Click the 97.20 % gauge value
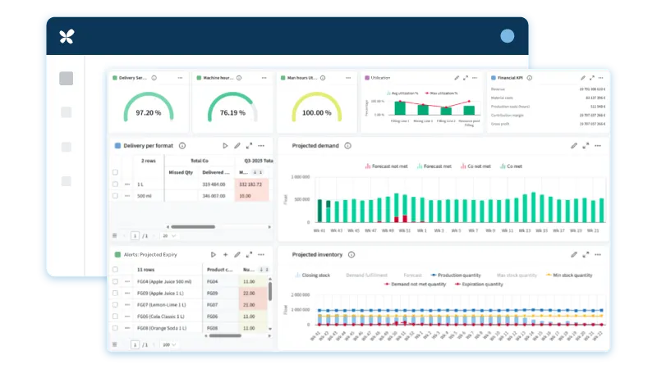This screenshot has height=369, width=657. (x=149, y=113)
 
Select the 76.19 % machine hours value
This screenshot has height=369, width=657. (x=232, y=113)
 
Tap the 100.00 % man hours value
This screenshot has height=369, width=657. (x=316, y=113)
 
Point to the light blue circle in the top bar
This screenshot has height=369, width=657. (x=507, y=36)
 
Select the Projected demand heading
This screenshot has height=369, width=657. (x=315, y=145)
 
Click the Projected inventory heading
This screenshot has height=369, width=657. (x=319, y=254)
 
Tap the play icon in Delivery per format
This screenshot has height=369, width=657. (x=225, y=145)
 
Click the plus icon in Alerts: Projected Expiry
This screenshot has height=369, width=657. (x=225, y=255)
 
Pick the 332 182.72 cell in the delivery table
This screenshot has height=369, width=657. (x=251, y=184)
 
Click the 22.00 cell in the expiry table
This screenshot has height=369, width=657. (x=249, y=293)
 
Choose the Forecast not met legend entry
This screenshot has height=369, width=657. (x=387, y=166)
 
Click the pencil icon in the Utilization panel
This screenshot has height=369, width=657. (x=456, y=77)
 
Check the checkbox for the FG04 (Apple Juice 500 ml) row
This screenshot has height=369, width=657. (x=115, y=281)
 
